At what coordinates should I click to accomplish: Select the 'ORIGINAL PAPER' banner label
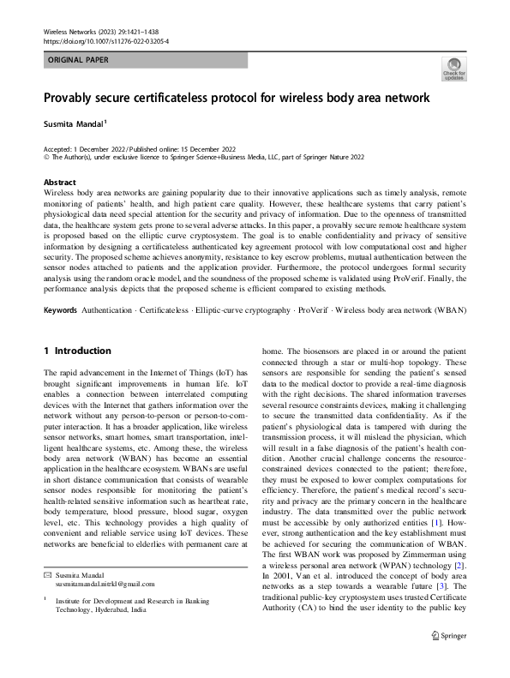click(78, 60)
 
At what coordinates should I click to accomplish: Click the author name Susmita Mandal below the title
click(70, 123)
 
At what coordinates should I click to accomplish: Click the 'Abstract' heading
click(59, 183)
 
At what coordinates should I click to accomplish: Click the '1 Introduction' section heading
click(77, 351)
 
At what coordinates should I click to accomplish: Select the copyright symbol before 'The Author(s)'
click(46, 158)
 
